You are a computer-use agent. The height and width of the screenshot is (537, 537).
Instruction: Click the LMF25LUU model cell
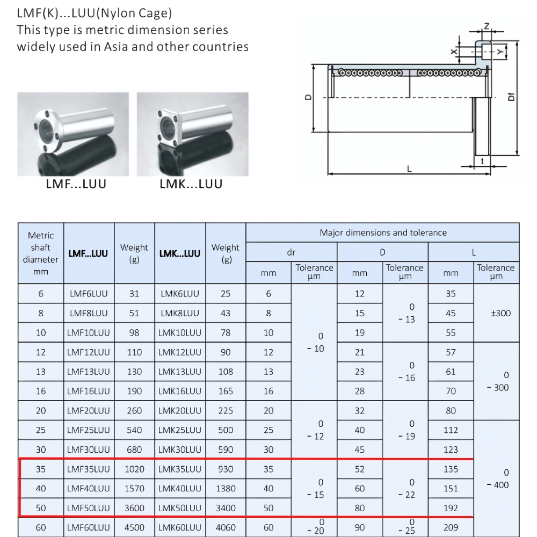pos(89,430)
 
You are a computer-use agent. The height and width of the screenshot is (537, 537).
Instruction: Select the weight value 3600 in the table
pos(134,508)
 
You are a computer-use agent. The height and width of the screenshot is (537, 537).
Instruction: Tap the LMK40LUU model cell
pos(180,489)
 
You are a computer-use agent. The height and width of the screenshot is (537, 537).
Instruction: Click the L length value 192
pos(451,508)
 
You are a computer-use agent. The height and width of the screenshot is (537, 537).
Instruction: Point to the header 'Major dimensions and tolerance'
pos(383,233)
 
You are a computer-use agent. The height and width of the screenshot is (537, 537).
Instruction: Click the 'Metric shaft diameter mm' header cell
pos(41,253)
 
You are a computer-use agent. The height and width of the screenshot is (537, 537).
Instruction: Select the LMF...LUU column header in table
pos(89,253)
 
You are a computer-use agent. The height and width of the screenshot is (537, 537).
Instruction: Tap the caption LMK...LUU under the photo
pos(191,184)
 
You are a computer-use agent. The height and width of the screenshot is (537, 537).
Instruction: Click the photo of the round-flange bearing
pos(73,134)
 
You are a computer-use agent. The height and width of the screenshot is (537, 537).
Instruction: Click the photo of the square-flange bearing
pos(192,134)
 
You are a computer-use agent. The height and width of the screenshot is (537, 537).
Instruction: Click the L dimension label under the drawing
pos(409,169)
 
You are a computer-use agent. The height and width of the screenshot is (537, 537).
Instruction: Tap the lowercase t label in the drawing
pos(482,161)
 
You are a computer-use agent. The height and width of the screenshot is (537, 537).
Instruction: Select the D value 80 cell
pos(360,508)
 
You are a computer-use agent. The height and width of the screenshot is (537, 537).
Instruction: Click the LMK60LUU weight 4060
pos(226,527)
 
